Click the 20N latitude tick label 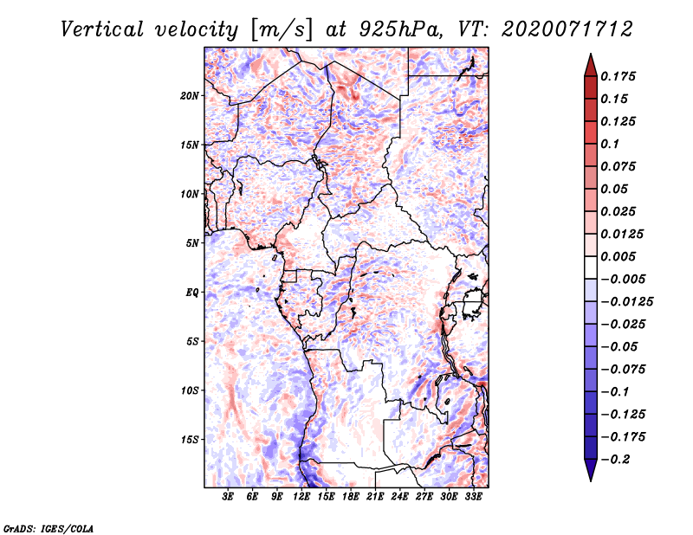point(189,96)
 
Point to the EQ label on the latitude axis point(192,293)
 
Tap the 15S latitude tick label point(189,440)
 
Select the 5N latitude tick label point(192,243)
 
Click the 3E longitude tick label point(228,496)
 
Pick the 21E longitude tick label point(375,496)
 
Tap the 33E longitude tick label point(473,496)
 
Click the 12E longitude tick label point(301,496)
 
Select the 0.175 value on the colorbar point(618,76)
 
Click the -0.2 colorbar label point(615,460)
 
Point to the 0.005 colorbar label point(618,256)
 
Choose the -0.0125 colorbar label point(626,302)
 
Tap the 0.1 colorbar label point(610,144)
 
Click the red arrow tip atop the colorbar point(591,54)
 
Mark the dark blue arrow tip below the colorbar point(591,480)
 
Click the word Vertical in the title point(101,29)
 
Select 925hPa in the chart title point(400,29)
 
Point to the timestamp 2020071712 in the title point(567,29)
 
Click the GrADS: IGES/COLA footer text point(49,528)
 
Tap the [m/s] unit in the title point(282,30)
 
